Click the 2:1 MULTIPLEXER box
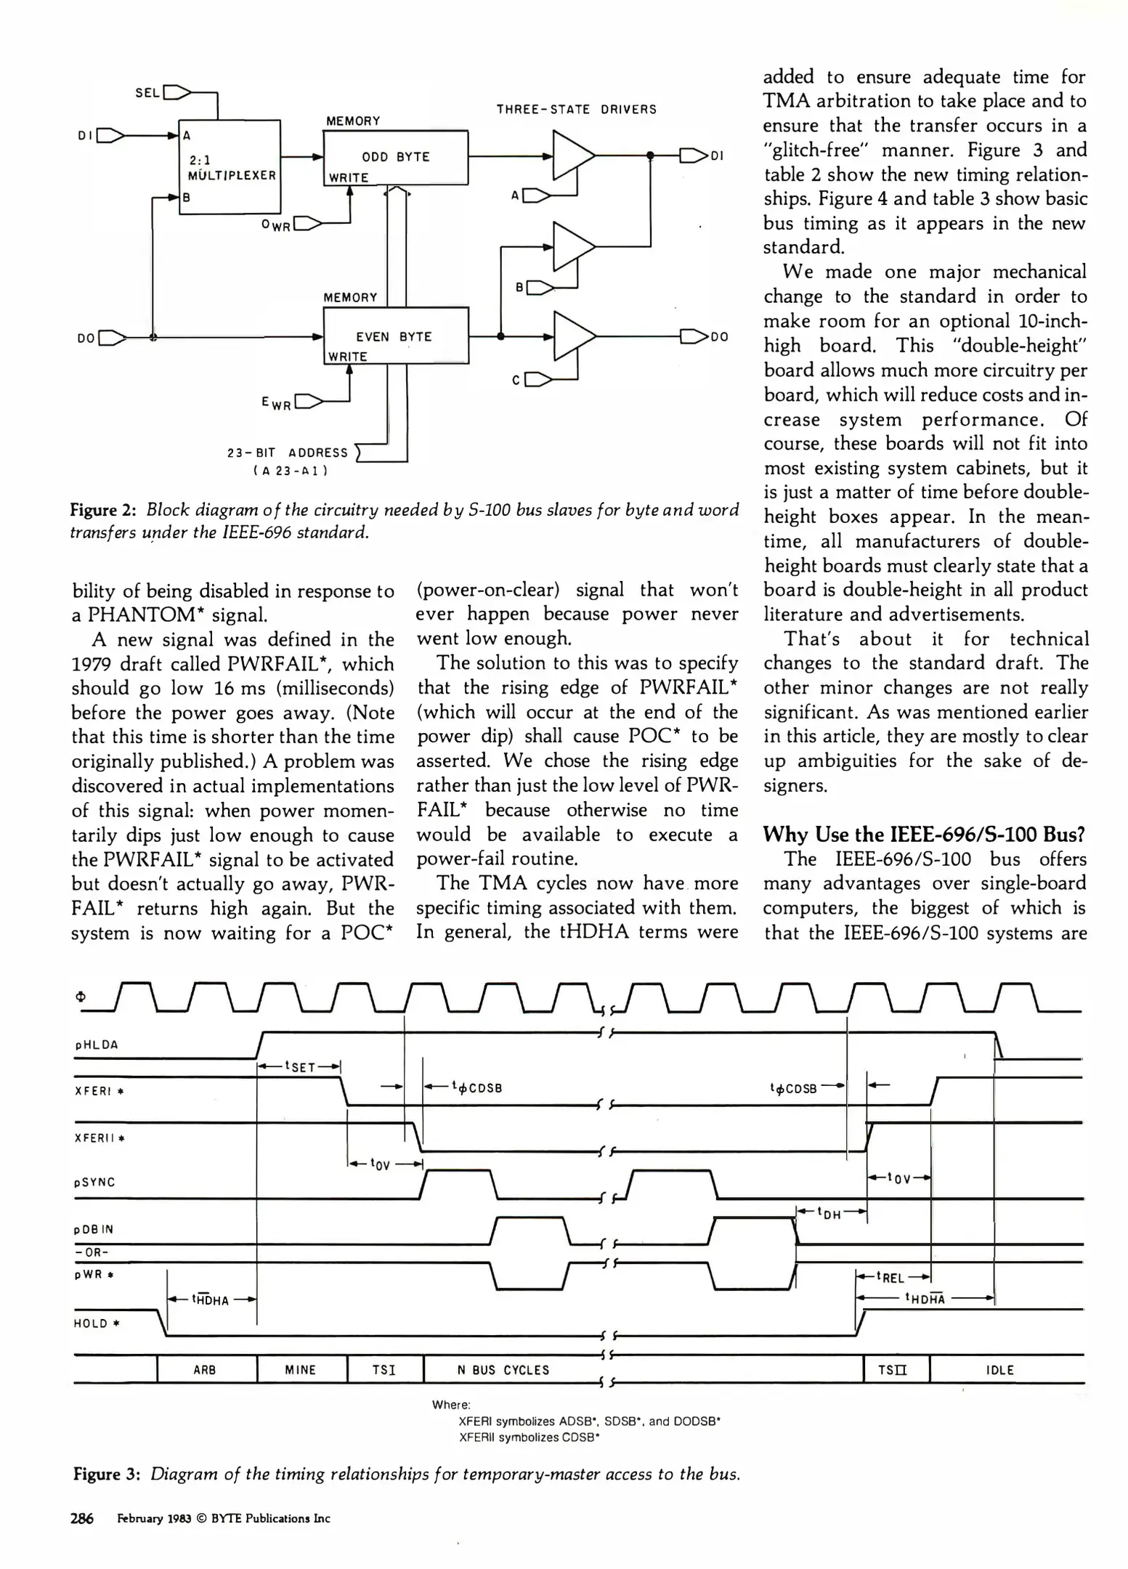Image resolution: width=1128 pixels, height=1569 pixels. click(x=230, y=166)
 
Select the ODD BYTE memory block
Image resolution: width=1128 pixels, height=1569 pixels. click(x=395, y=157)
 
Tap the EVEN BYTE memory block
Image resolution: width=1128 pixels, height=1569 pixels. click(x=395, y=336)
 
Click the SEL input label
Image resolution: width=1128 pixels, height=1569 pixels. click(x=147, y=93)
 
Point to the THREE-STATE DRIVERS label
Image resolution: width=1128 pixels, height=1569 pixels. click(x=576, y=110)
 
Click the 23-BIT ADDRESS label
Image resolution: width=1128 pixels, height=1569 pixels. click(x=288, y=453)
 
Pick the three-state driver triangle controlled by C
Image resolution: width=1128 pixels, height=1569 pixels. click(x=573, y=336)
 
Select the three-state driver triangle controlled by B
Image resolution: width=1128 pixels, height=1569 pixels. click(x=573, y=247)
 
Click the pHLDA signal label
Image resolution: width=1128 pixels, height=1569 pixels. click(x=96, y=1045)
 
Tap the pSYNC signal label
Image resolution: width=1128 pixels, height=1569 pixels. click(x=94, y=1183)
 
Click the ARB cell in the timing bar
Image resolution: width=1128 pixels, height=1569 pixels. click(x=205, y=1370)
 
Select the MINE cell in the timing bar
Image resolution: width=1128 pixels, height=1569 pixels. click(x=301, y=1370)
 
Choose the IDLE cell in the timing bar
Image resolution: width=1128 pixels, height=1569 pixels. click(x=1000, y=1370)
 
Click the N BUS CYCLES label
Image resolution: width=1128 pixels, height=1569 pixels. click(x=503, y=1370)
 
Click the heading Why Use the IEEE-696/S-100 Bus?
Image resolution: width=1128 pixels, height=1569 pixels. click(x=924, y=835)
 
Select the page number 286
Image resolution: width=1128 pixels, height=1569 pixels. click(x=82, y=1518)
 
